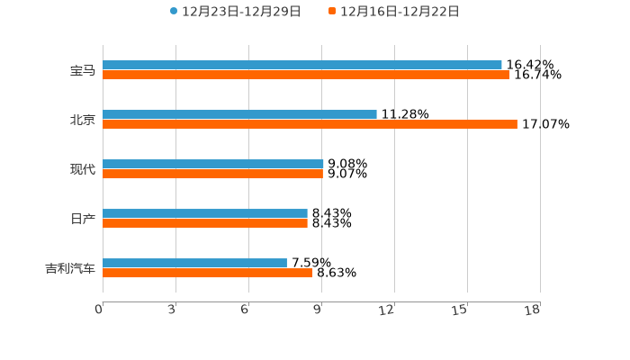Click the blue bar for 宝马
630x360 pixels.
click(x=302, y=65)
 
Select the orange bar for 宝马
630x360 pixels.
click(x=306, y=76)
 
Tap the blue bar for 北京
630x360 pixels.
click(x=239, y=114)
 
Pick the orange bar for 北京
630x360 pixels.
click(x=310, y=125)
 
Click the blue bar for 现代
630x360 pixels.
click(x=213, y=164)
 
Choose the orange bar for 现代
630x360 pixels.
click(x=212, y=175)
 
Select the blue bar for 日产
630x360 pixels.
click(x=205, y=213)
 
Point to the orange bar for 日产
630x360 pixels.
click(x=205, y=224)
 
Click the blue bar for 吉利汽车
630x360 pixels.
click(x=194, y=263)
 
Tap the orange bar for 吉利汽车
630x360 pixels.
click(x=208, y=274)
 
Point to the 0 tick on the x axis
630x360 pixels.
click(x=99, y=310)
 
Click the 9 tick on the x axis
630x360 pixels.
click(x=318, y=310)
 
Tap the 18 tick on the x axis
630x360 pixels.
click(x=532, y=310)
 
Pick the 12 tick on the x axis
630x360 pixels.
click(x=387, y=310)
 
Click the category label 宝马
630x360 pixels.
click(x=83, y=70)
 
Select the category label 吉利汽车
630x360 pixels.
click(x=70, y=268)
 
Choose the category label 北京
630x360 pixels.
click(x=83, y=120)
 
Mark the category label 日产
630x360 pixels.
click(x=83, y=219)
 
